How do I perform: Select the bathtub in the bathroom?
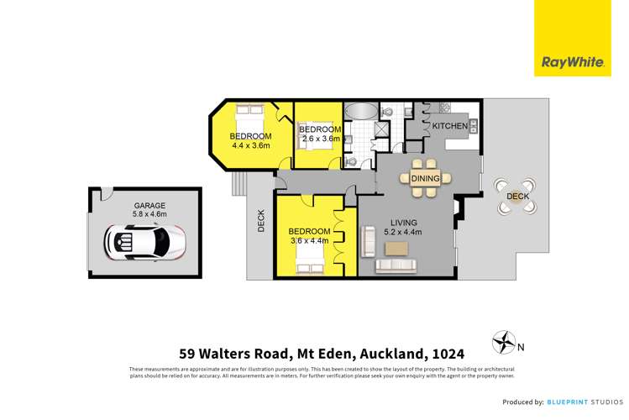click(362, 111)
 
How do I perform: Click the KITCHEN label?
click(448, 126)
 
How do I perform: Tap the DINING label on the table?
click(426, 178)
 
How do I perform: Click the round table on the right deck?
click(514, 196)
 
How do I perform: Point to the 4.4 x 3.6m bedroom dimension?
click(251, 146)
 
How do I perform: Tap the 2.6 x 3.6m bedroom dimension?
click(319, 139)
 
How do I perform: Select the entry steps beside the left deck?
click(238, 181)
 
